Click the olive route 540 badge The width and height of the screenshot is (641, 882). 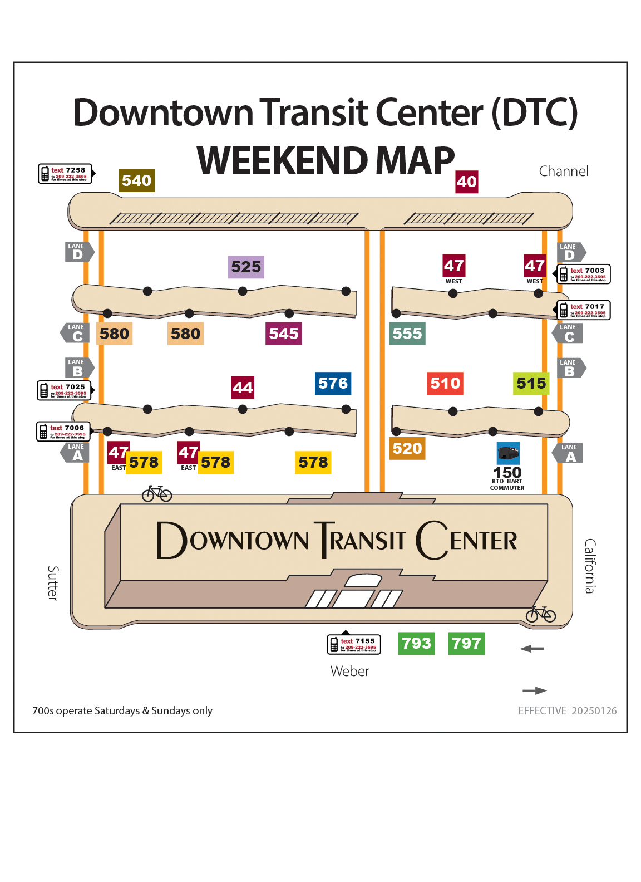(x=136, y=180)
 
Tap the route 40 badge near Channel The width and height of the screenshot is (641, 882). (x=466, y=182)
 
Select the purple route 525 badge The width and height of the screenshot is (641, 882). (x=246, y=267)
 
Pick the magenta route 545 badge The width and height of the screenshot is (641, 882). (x=284, y=334)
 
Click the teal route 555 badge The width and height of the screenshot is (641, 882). (x=407, y=334)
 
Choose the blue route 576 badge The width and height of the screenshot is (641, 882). (x=333, y=383)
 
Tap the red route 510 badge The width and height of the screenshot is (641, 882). (x=445, y=383)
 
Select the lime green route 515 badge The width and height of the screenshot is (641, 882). (x=531, y=383)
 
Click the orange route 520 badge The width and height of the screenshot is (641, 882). (x=407, y=448)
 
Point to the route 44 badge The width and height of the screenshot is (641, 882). (x=243, y=388)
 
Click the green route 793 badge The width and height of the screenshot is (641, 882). (x=416, y=643)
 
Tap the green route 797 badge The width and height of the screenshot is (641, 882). (x=466, y=643)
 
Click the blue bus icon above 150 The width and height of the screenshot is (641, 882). (x=508, y=453)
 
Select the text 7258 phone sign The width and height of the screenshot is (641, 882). (x=65, y=173)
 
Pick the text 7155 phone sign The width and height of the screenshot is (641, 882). (x=354, y=644)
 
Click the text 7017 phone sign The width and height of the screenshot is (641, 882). (x=584, y=310)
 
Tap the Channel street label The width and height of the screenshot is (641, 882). (x=563, y=171)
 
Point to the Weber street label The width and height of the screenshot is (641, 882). (x=349, y=671)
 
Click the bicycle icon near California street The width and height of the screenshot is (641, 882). (x=541, y=614)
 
